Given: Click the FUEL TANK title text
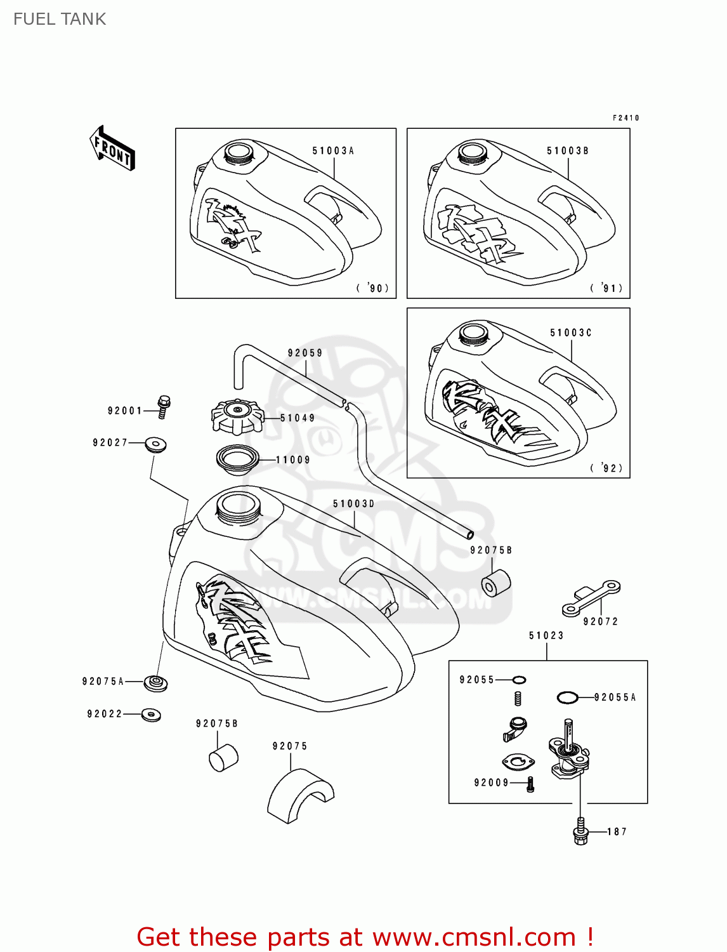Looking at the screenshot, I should coord(60,19).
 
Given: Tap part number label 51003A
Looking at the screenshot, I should coord(333,151).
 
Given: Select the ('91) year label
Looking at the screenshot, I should coord(608,288).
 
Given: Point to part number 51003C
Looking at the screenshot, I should coord(571,333).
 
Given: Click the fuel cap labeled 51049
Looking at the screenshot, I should coord(237,417).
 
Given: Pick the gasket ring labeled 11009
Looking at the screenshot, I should coord(238,459).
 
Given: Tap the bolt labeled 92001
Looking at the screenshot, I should coord(164,407).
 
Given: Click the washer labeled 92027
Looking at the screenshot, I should coord(155,444).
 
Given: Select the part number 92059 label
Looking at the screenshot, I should coord(305,353).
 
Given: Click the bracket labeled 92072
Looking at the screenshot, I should coord(591,598).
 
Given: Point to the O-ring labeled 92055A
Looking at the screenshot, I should coord(567,697).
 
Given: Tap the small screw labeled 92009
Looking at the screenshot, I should coord(531,784).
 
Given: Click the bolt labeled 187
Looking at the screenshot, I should coord(580,832).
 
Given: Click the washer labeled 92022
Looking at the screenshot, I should coord(151,715).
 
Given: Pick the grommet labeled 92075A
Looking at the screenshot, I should coord(155,683).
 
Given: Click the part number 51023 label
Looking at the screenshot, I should coord(546,635).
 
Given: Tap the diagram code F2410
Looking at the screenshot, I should coord(625,118).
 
